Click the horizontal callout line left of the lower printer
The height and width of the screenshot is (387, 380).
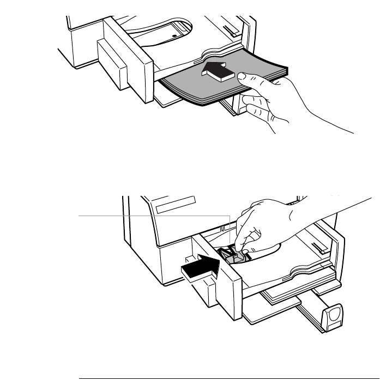pyautogui.click(x=153, y=216)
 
